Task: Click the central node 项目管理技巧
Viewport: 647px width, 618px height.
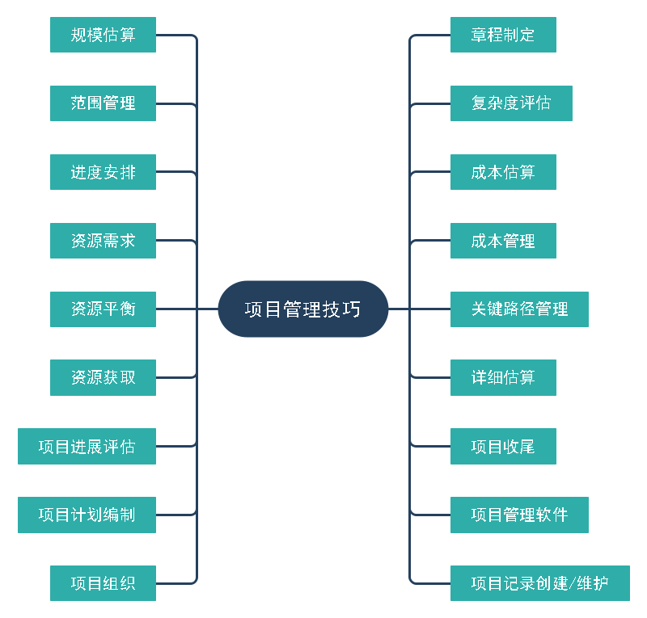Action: pyautogui.click(x=303, y=309)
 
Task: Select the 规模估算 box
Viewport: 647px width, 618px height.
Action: pyautogui.click(x=103, y=35)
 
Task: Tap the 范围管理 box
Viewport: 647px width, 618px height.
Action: pyautogui.click(x=103, y=103)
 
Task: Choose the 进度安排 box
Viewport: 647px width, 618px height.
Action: pyautogui.click(x=103, y=172)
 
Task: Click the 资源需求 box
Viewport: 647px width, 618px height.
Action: pyautogui.click(x=103, y=241)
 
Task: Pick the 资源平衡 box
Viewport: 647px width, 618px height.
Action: pyautogui.click(x=103, y=309)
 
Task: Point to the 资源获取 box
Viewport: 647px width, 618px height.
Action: pyautogui.click(x=103, y=377)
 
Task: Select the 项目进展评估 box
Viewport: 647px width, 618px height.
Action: pyautogui.click(x=87, y=446)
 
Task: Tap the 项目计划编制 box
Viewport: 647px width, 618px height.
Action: pyautogui.click(x=87, y=515)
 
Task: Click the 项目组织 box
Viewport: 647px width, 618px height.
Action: pyautogui.click(x=103, y=583)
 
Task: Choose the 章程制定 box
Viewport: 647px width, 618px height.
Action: pyautogui.click(x=503, y=35)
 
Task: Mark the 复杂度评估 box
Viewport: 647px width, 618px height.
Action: pyautogui.click(x=511, y=103)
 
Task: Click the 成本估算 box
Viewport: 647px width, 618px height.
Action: pyautogui.click(x=503, y=172)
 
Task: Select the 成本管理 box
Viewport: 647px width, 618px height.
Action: pyautogui.click(x=503, y=241)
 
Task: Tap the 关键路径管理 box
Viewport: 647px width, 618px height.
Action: pyautogui.click(x=519, y=309)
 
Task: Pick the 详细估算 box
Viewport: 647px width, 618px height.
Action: pyautogui.click(x=503, y=377)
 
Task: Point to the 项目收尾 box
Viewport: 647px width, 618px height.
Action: pyautogui.click(x=503, y=446)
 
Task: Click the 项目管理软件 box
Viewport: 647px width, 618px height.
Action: pyautogui.click(x=519, y=515)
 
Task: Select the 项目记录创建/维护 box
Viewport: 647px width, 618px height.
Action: pyautogui.click(x=539, y=583)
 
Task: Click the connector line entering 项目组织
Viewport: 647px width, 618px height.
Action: pyautogui.click(x=174, y=583)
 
